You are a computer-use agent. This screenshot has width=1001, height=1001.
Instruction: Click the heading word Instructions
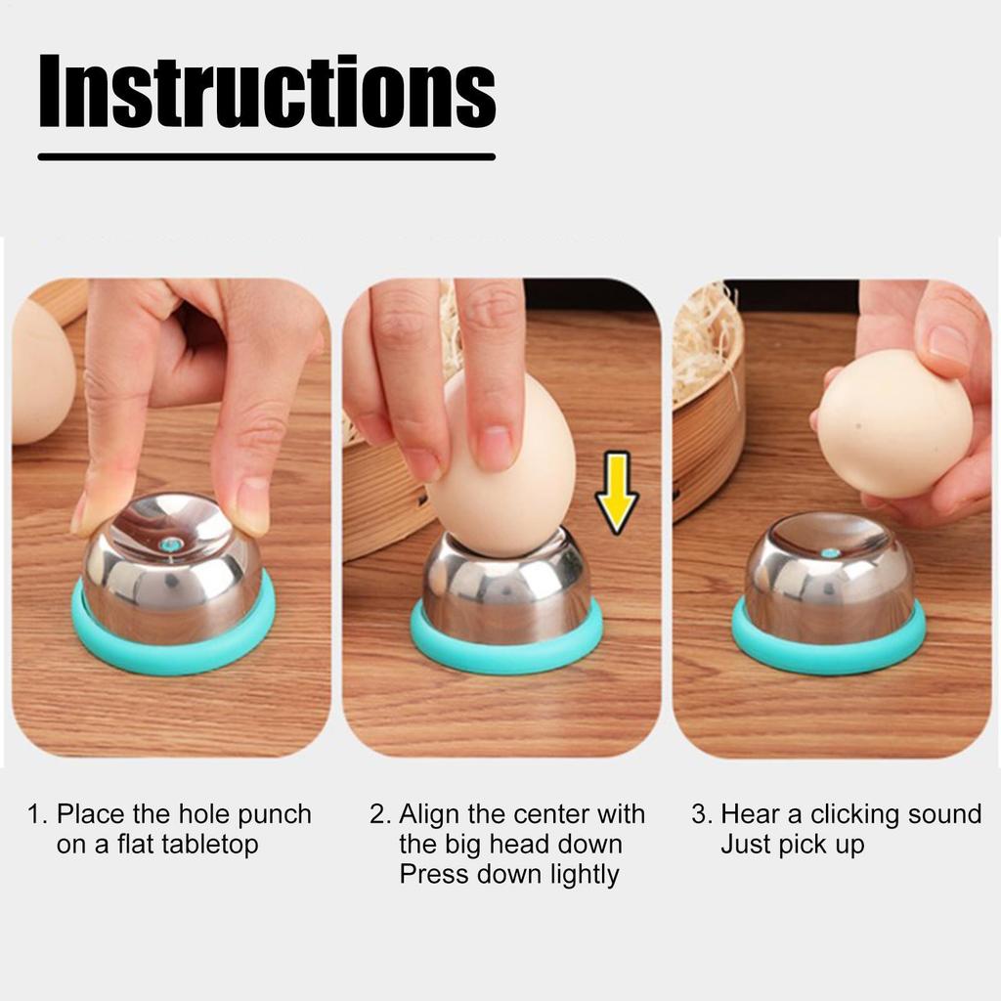(x=268, y=91)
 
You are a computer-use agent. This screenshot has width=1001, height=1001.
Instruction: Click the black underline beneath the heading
(x=267, y=156)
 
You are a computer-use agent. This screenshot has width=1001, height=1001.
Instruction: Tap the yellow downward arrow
(x=616, y=493)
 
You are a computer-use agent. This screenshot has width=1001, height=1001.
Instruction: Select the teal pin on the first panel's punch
(x=170, y=544)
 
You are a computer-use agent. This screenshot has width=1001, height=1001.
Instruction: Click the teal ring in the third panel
(x=829, y=658)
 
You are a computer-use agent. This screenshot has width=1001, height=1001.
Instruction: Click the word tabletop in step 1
(x=187, y=844)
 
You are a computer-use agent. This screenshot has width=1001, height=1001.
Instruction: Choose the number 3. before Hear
(x=702, y=815)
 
